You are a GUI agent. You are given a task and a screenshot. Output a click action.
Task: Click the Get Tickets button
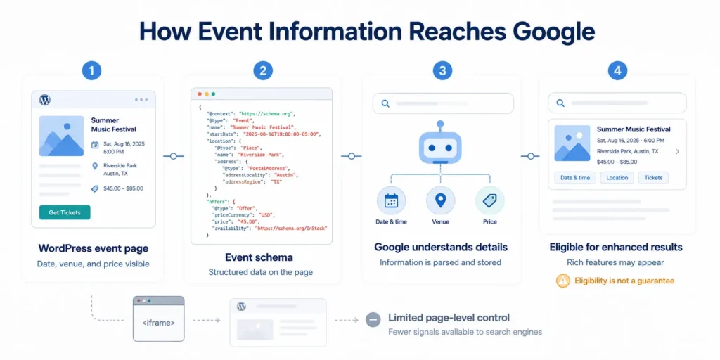click(x=65, y=212)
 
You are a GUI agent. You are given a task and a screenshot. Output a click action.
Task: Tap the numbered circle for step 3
click(x=442, y=71)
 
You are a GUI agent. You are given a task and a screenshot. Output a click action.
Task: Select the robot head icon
click(x=440, y=148)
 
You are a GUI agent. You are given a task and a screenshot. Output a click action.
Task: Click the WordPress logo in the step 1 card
click(x=44, y=99)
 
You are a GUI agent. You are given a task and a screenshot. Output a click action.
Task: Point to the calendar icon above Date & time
click(x=391, y=200)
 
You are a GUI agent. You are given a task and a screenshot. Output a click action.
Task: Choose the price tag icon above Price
click(x=490, y=200)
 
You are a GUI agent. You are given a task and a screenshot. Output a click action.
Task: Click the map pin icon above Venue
click(x=440, y=200)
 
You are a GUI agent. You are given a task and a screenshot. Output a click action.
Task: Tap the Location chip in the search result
click(x=617, y=178)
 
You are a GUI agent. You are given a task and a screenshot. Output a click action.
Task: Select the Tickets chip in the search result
click(x=653, y=178)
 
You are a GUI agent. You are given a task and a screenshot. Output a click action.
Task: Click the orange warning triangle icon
click(x=562, y=281)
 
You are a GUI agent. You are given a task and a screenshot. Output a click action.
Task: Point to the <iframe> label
click(x=158, y=323)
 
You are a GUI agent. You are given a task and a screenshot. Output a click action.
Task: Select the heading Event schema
click(x=259, y=257)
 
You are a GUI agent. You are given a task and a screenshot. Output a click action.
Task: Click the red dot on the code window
click(x=200, y=94)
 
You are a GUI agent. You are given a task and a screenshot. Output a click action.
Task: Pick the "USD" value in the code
click(x=266, y=214)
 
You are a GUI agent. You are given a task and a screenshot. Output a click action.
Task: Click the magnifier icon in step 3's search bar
click(x=385, y=103)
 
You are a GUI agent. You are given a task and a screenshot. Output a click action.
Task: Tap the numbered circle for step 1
click(x=92, y=71)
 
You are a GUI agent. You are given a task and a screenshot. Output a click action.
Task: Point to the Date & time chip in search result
click(x=575, y=178)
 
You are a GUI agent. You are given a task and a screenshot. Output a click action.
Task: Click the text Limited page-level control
click(x=449, y=317)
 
